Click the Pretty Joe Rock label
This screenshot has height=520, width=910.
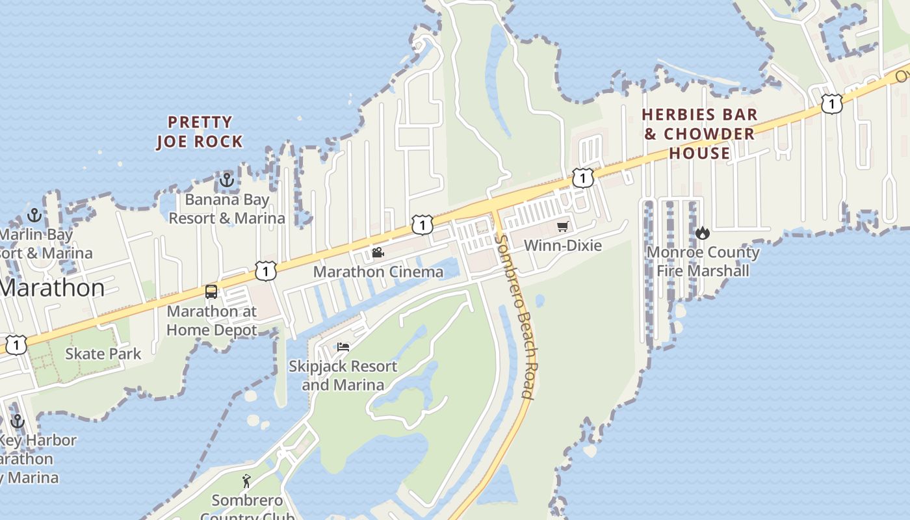[199, 132]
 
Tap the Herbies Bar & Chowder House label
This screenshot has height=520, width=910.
[699, 134]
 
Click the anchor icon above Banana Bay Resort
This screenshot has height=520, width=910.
[227, 180]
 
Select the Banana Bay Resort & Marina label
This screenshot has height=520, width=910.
[227, 209]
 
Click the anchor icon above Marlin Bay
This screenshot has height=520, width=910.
[34, 215]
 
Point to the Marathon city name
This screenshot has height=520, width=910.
[52, 288]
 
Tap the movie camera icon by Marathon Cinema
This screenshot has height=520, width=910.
[378, 252]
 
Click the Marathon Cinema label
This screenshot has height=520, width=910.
[378, 272]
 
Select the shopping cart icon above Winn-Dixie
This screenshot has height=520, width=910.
[562, 227]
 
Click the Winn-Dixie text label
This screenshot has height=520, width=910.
[563, 246]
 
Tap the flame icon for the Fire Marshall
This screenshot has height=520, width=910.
[702, 233]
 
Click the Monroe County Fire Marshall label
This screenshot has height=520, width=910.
[703, 261]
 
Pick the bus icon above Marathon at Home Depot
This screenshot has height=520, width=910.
[211, 292]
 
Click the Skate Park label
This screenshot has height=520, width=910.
[103, 354]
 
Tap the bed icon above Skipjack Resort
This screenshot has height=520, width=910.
[343, 347]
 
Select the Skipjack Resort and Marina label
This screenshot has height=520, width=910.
[343, 376]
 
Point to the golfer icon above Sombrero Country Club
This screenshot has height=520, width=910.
[246, 481]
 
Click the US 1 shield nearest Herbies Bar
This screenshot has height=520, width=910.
[831, 103]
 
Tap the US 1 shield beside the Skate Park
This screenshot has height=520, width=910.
[16, 345]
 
